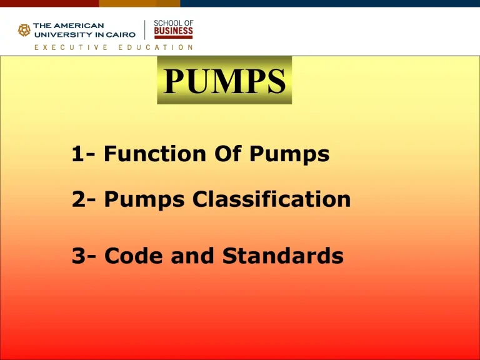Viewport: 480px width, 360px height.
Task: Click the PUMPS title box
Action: point(224,81)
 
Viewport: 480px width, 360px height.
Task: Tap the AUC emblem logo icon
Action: point(24,30)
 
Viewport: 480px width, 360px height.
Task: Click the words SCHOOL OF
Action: point(173,22)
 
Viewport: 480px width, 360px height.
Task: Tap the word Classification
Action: point(272,199)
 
